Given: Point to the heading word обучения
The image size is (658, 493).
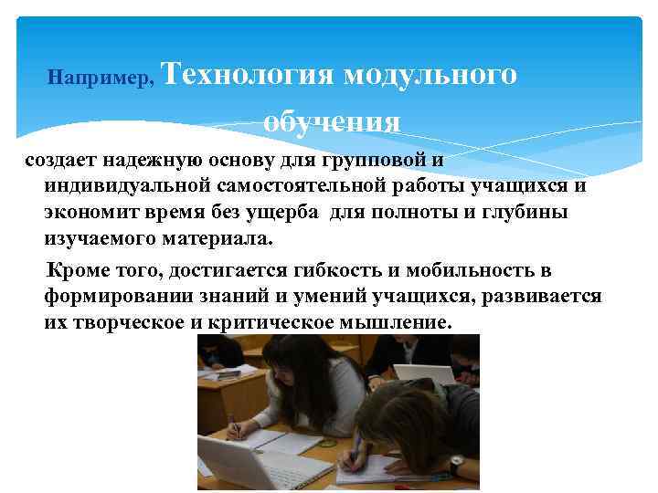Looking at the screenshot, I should [331, 122].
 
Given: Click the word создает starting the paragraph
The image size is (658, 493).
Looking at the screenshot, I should [58, 161].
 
